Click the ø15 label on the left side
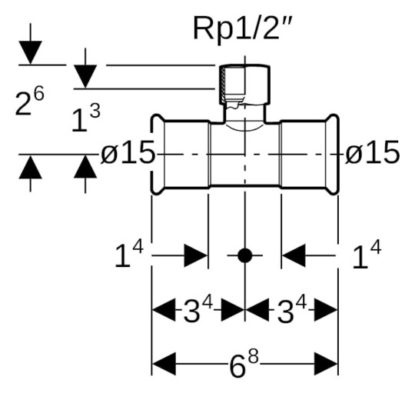[x=128, y=154]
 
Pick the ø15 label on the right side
[x=372, y=154]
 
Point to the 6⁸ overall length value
[x=245, y=364]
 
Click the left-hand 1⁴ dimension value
[x=129, y=256]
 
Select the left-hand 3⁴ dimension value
[x=199, y=311]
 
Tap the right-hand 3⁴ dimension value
[x=290, y=311]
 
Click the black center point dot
[x=244, y=256]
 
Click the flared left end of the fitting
[x=157, y=155]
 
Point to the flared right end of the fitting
[x=332, y=155]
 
